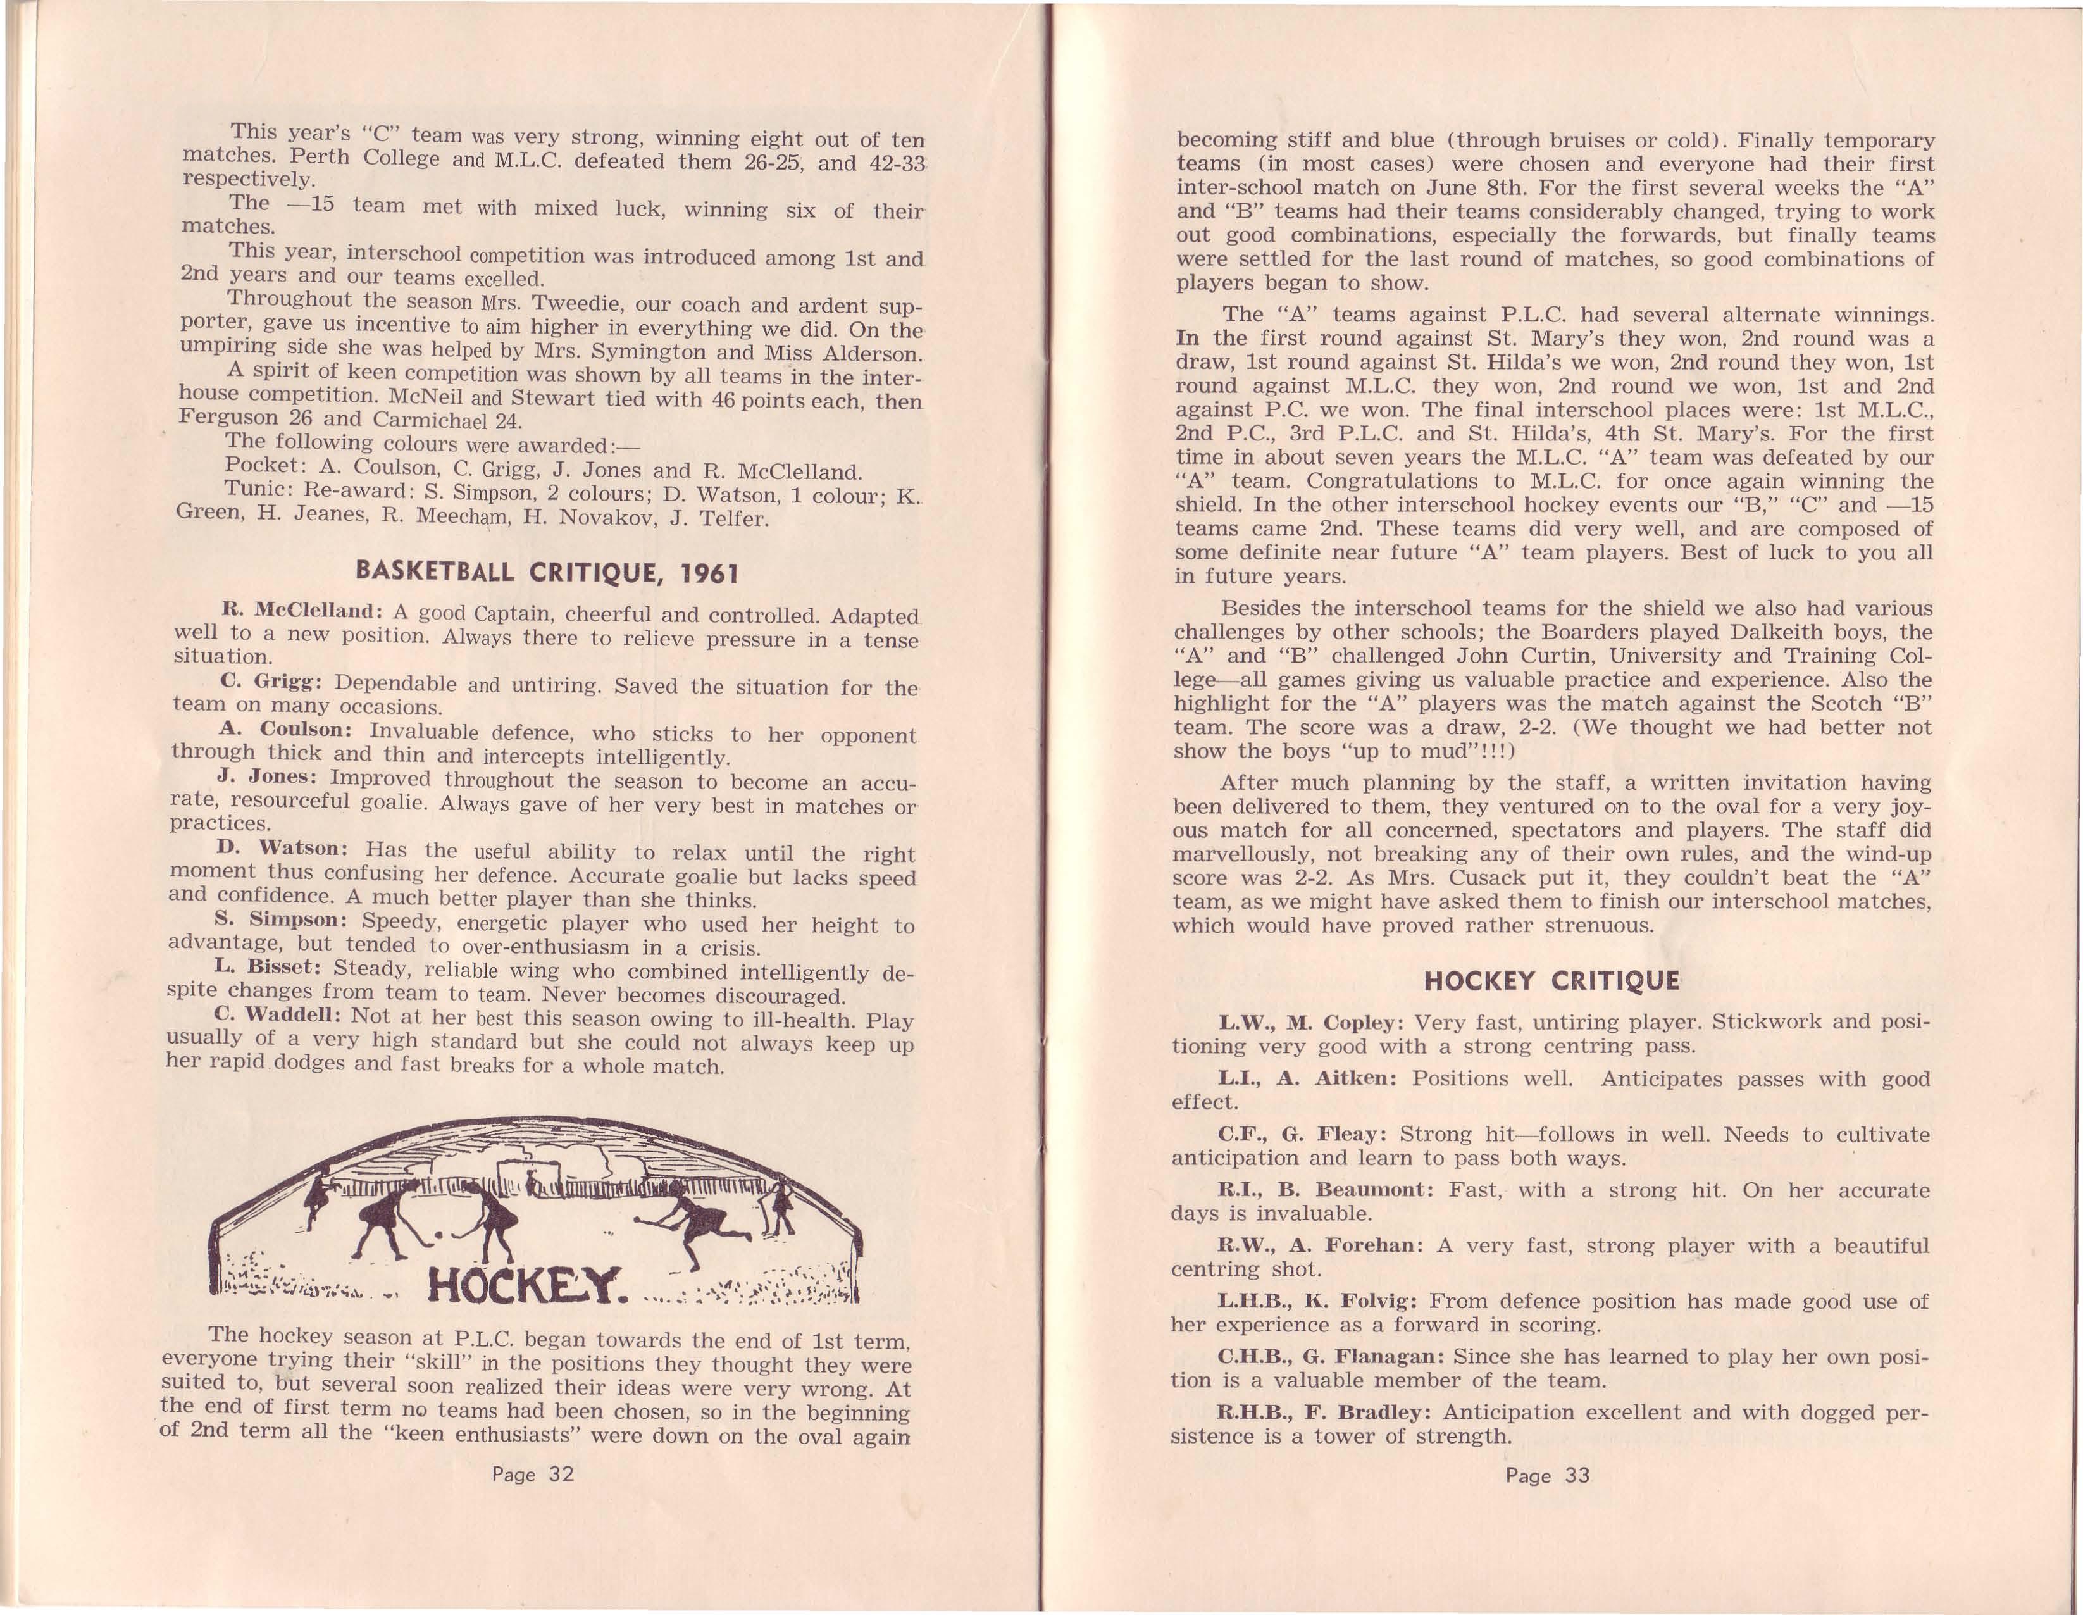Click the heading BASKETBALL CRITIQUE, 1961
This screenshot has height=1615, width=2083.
pos(547,571)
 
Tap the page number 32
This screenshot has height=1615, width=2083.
pos(533,1474)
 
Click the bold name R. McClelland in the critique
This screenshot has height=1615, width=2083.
pos(301,611)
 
